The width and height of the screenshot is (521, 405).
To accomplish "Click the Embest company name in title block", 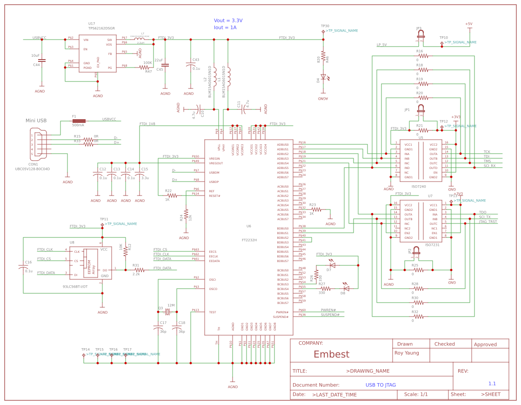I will [331, 354].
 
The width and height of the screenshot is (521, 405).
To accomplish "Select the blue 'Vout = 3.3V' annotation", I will [228, 20].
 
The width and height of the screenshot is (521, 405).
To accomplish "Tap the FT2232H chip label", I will [249, 240].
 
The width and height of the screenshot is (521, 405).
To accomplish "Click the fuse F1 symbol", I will [79, 121].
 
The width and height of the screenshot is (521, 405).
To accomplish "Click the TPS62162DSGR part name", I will [101, 28].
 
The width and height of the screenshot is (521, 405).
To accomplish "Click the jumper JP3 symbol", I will [421, 35].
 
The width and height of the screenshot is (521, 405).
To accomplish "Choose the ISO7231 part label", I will [432, 244].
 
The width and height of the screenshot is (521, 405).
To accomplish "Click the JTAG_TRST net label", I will [488, 222].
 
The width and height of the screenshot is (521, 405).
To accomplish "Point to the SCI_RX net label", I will [489, 166].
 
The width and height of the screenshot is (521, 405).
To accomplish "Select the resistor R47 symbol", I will [144, 67].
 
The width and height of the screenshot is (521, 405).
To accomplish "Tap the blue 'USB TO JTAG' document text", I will [381, 385].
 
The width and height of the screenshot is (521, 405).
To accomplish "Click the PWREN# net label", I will [328, 310].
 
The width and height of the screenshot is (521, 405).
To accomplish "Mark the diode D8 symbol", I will [346, 289].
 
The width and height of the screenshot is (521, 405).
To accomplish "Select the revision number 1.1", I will [492, 384].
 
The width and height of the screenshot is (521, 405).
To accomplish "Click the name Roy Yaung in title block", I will [407, 353].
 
